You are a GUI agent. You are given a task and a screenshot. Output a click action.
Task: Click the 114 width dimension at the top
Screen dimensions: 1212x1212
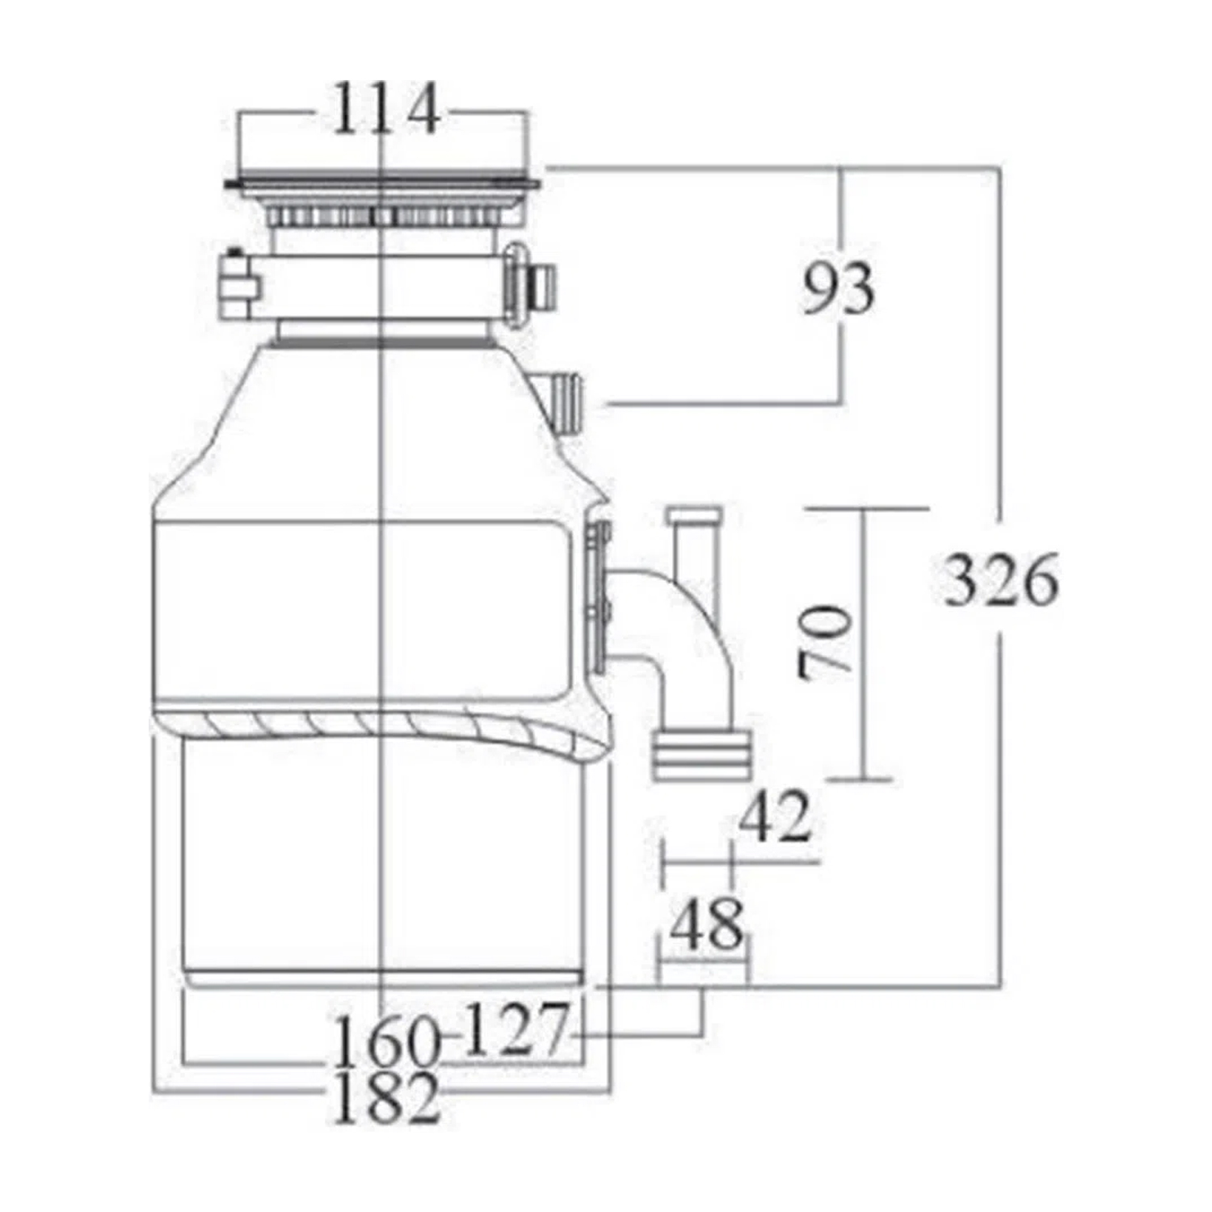point(386,107)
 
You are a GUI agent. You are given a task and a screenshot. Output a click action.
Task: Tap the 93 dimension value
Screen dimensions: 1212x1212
point(838,288)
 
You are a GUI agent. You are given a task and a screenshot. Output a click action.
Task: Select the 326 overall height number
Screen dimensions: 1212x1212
point(1001,579)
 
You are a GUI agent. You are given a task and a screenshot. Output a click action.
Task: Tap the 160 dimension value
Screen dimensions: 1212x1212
point(385,1042)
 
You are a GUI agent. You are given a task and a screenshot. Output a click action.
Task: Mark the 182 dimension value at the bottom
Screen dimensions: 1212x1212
point(386,1097)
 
